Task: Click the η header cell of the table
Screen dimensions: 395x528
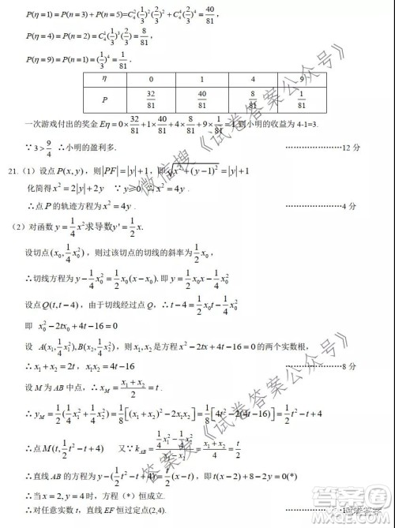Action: [x=104, y=80]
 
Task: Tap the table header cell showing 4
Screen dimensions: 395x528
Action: [x=252, y=80]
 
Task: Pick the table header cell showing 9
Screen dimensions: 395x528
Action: [x=302, y=80]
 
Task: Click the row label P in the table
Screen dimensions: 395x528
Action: [x=104, y=99]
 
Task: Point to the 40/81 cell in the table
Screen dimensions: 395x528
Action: [x=201, y=99]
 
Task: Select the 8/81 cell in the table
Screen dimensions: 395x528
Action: [x=252, y=99]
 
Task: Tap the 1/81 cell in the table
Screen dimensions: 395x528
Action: [x=302, y=99]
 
